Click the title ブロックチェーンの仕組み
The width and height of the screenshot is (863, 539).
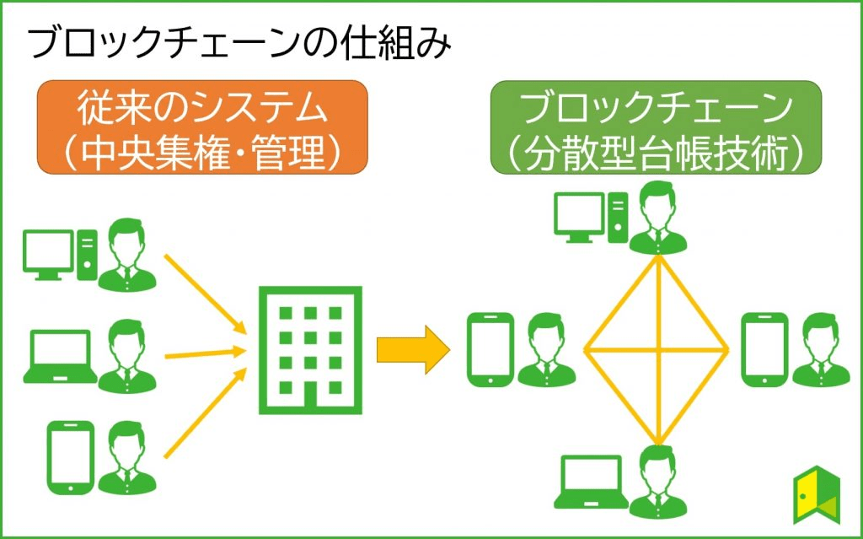click(239, 42)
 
